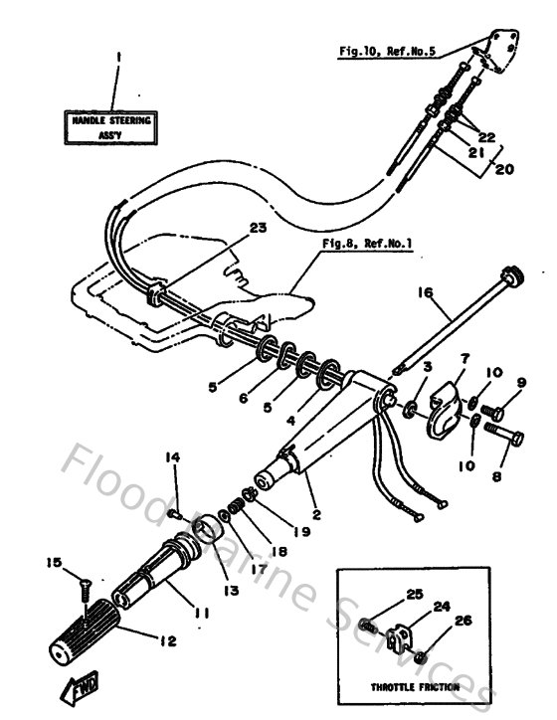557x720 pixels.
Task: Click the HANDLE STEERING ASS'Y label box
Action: tap(111, 125)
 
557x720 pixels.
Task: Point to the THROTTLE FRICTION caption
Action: tap(415, 687)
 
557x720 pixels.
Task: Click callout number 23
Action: tap(258, 228)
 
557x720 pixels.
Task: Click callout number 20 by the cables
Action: tap(505, 170)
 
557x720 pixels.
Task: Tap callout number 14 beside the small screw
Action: tap(174, 456)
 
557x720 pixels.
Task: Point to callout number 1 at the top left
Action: tap(116, 57)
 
